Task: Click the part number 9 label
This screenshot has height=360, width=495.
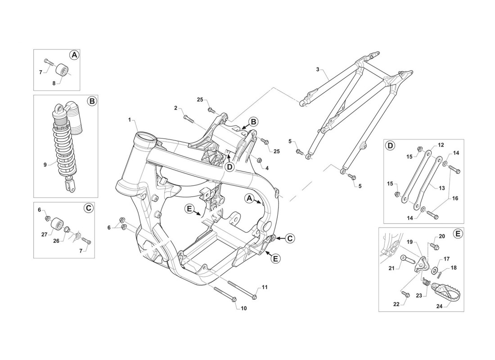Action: pyautogui.click(x=45, y=165)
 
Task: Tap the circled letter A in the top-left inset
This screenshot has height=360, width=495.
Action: pyautogui.click(x=74, y=55)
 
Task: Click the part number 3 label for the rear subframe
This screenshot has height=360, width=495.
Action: pyautogui.click(x=318, y=69)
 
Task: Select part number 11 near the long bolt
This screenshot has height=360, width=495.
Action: pyautogui.click(x=264, y=287)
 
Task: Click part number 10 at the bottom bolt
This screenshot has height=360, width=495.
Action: pyautogui.click(x=244, y=309)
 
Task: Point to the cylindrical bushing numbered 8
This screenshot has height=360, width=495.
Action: pyautogui.click(x=61, y=72)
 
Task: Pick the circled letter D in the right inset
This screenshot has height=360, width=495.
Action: pyautogui.click(x=390, y=145)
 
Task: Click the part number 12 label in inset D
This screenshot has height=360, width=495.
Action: pyautogui.click(x=441, y=145)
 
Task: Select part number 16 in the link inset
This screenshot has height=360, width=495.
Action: pyautogui.click(x=455, y=198)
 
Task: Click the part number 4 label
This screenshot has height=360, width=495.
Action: pyautogui.click(x=267, y=168)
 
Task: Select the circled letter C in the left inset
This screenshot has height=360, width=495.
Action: pyautogui.click(x=89, y=208)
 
